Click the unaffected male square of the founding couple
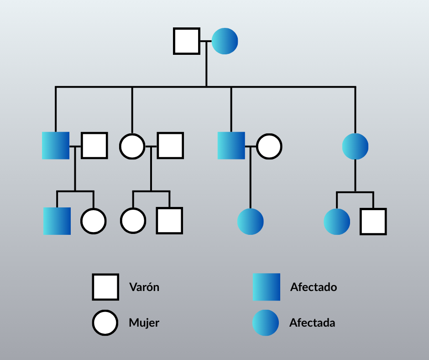click(187, 41)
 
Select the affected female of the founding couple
click(225, 41)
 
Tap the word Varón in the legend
click(144, 287)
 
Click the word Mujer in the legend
click(144, 323)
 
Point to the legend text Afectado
click(314, 287)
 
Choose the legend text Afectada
click(312, 323)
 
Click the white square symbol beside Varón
click(105, 287)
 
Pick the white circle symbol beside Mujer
click(105, 323)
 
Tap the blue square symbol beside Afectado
click(267, 287)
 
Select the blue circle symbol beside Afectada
click(266, 323)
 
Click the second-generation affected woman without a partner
click(355, 146)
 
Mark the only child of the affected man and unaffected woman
click(251, 222)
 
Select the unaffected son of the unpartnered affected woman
click(373, 222)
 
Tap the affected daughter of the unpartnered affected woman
click(337, 222)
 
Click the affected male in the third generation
click(57, 221)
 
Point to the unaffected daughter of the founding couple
click(132, 146)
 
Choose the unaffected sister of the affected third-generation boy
click(94, 221)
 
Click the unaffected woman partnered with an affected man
click(269, 146)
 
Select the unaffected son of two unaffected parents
click(170, 221)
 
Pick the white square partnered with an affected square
click(94, 146)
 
